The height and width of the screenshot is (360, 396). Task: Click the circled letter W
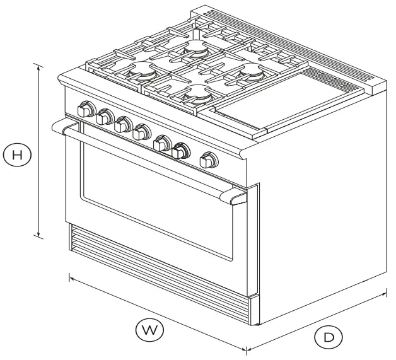pos(149,329)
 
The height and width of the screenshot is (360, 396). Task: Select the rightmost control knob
pos(206,161)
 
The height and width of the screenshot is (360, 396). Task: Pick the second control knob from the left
pos(104,117)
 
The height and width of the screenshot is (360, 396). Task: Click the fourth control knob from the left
pos(140,132)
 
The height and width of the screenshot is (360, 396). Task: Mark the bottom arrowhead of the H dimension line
pos(40,238)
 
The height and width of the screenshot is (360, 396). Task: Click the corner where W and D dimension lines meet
pos(246,350)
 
